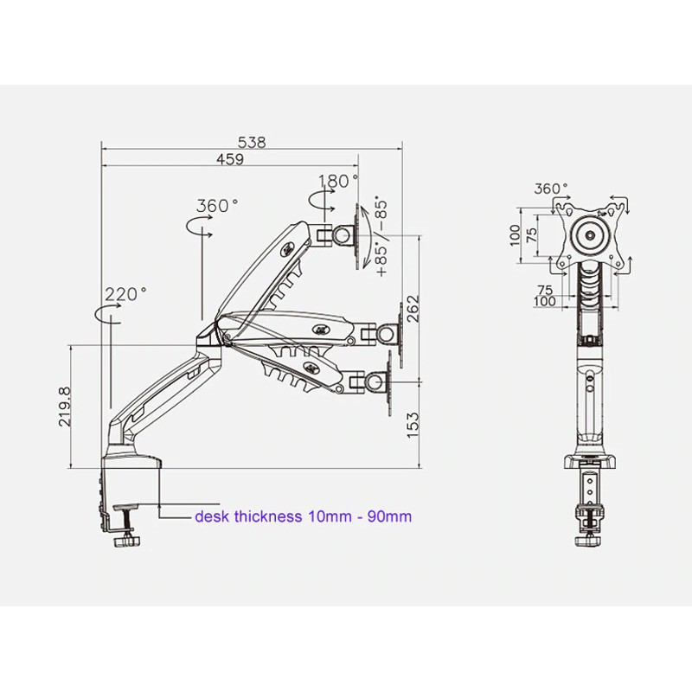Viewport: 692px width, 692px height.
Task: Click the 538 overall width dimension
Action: click(252, 142)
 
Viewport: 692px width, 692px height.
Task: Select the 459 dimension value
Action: click(229, 159)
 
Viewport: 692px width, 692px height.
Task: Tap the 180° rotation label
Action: click(338, 182)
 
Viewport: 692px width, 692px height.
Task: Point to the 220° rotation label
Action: click(126, 294)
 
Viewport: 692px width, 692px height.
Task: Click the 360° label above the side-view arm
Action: click(217, 206)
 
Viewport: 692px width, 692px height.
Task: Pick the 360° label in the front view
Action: click(551, 189)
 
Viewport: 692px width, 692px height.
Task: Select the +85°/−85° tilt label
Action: click(380, 237)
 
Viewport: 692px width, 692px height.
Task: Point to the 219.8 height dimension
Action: click(77, 407)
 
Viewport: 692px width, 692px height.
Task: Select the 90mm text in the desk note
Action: click(390, 516)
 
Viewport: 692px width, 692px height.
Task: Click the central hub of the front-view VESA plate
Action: click(592, 234)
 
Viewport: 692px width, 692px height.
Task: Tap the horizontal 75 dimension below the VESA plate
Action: click(543, 290)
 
